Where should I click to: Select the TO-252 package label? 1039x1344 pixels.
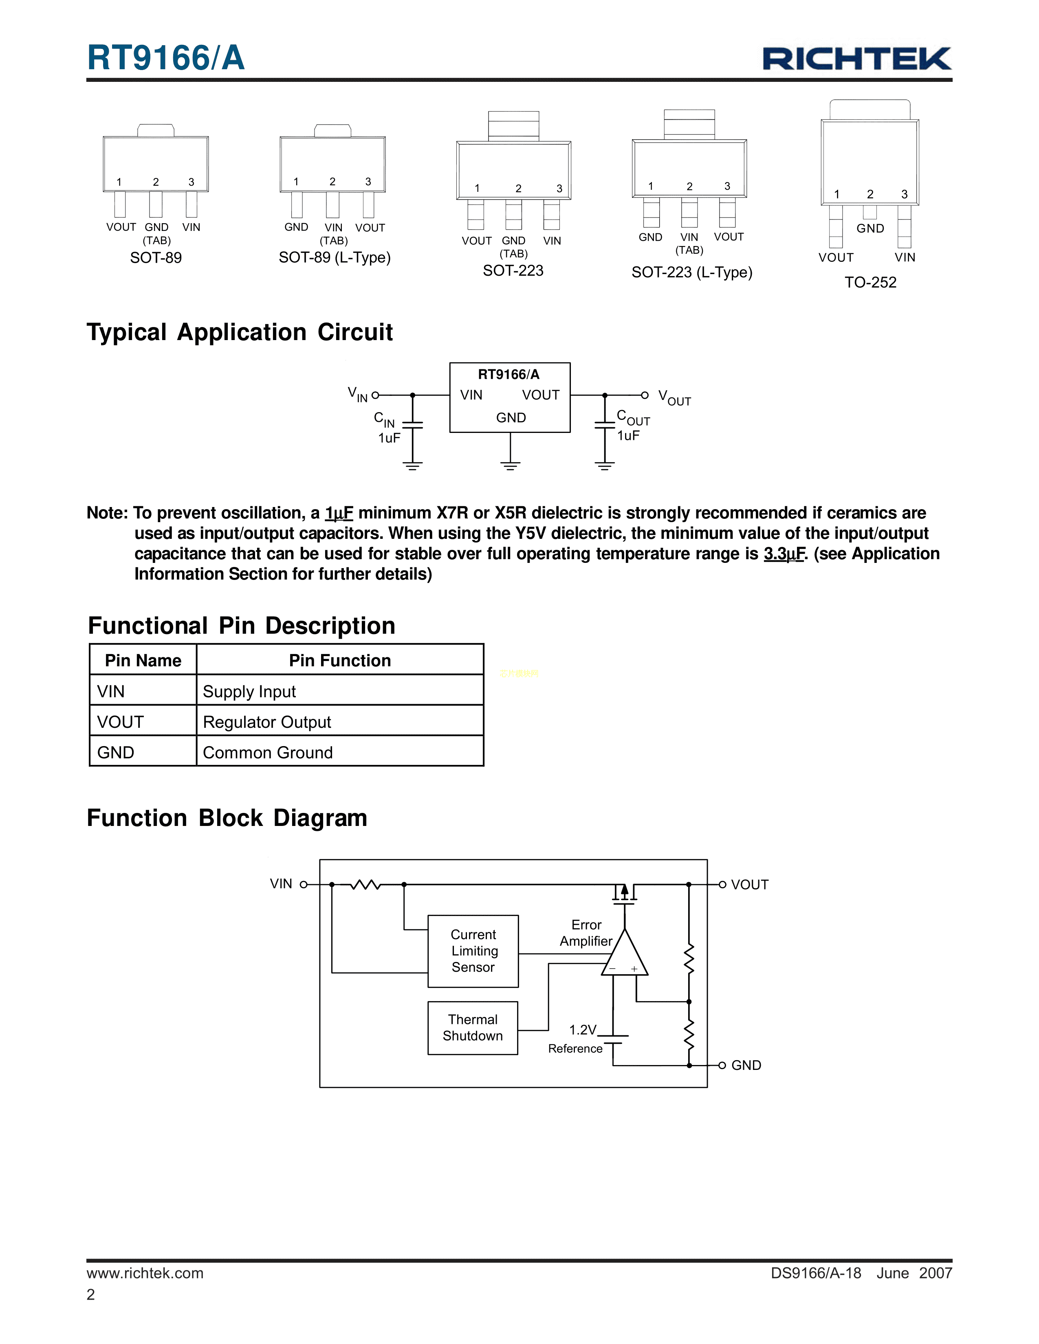pyautogui.click(x=870, y=283)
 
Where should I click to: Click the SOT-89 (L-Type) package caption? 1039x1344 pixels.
pyautogui.click(x=334, y=257)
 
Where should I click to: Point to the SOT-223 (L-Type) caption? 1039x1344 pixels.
pyautogui.click(x=692, y=272)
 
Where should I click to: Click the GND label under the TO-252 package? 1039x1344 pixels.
pyautogui.click(x=870, y=228)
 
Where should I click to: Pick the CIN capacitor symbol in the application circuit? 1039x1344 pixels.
pyautogui.click(x=412, y=425)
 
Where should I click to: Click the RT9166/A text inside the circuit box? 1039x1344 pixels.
pyautogui.click(x=508, y=374)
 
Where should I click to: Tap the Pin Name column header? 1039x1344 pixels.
pyautogui.click(x=143, y=660)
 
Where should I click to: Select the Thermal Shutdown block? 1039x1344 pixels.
pyautogui.click(x=473, y=1028)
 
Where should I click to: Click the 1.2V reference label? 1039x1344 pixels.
pyautogui.click(x=582, y=1030)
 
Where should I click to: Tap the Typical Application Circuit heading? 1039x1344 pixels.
pyautogui.click(x=240, y=332)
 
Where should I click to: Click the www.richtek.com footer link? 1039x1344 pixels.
pyautogui.click(x=145, y=1273)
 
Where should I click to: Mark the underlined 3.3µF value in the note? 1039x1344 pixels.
pyautogui.click(x=784, y=554)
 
